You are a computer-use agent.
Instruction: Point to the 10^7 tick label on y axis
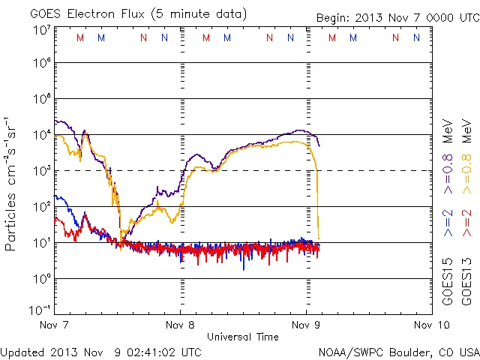(42, 29)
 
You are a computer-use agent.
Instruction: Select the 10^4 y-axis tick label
(42, 135)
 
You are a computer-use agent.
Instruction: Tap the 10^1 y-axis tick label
(42, 242)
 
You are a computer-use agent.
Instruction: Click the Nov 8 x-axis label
(180, 325)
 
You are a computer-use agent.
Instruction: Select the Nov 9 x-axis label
(306, 325)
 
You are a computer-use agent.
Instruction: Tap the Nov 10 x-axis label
(431, 325)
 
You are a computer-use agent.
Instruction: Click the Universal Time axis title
(242, 337)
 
